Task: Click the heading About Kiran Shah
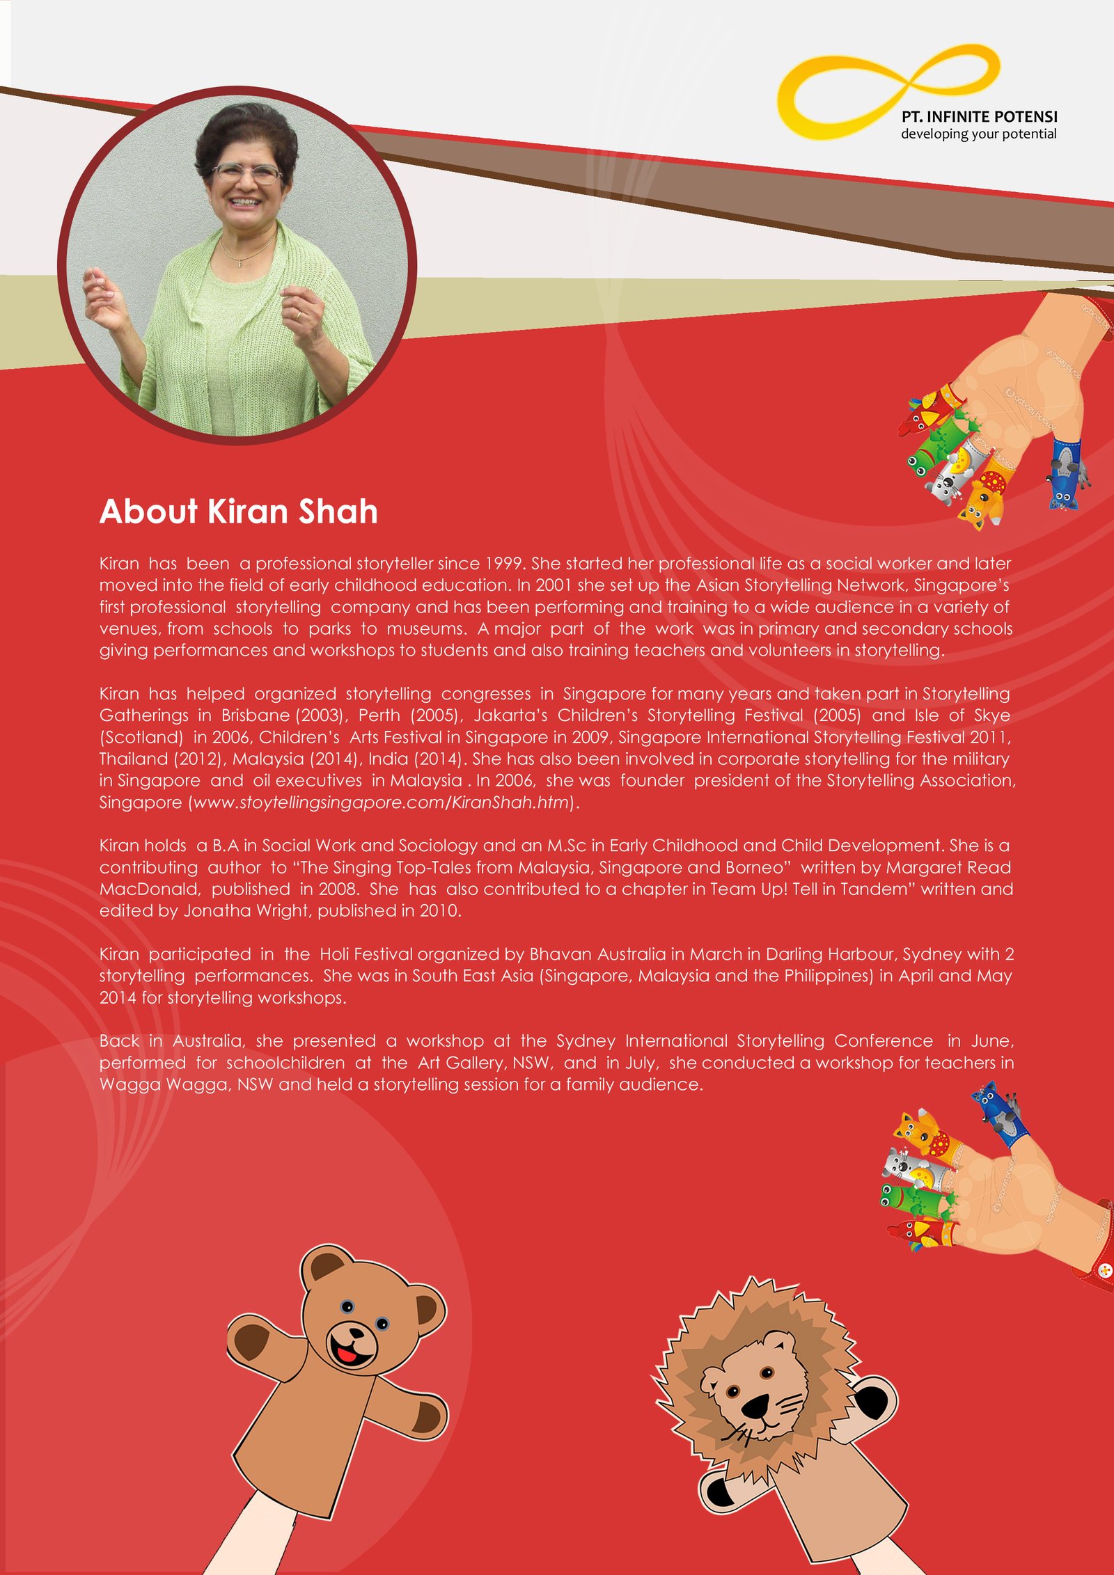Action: [x=238, y=512]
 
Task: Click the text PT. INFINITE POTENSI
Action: [x=979, y=117]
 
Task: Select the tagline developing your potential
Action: [x=978, y=134]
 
